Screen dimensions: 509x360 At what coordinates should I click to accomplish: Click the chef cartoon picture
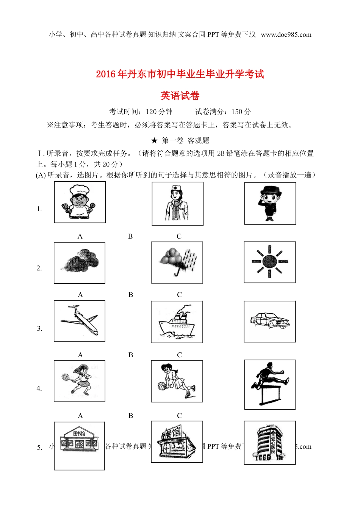tap(80, 202)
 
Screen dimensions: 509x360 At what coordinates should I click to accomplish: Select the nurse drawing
tap(177, 204)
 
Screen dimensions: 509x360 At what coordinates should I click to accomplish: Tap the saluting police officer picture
tap(270, 203)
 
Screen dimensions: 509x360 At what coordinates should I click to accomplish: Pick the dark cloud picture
tap(80, 263)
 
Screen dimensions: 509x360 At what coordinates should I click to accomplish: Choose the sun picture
tap(269, 262)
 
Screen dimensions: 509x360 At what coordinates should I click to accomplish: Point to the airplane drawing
tap(80, 321)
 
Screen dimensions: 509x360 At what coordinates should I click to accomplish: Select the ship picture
tap(177, 322)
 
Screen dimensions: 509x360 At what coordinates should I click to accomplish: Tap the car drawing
tap(269, 321)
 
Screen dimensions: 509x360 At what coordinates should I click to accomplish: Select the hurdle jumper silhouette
tap(270, 384)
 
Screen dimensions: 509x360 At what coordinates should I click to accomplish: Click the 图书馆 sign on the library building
tap(79, 434)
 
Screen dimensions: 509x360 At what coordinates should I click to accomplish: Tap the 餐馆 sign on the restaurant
tap(173, 432)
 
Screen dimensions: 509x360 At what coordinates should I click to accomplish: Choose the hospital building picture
tap(269, 443)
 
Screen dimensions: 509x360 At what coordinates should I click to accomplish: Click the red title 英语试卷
tap(180, 96)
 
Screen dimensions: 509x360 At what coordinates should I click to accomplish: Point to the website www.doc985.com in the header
tap(286, 35)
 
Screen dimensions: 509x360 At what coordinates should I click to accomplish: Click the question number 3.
tap(39, 328)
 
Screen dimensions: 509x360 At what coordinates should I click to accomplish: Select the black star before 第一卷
tap(154, 141)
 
